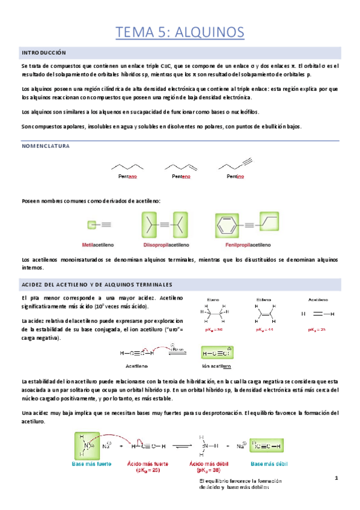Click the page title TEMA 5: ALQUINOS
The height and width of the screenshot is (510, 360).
[180, 31]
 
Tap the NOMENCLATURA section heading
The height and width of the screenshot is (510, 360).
[46, 146]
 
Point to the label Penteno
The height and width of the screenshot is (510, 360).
[182, 177]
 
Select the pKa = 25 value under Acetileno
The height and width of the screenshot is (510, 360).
[316, 330]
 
